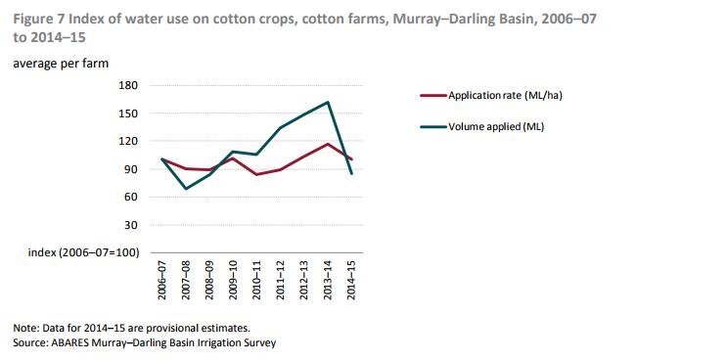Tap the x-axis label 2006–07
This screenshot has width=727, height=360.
point(161,280)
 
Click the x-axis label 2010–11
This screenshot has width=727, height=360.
point(256,280)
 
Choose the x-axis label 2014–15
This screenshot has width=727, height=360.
point(351,280)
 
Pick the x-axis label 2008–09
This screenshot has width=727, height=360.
point(209,280)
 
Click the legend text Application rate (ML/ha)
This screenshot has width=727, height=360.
point(505,95)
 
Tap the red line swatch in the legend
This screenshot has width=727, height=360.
point(432,95)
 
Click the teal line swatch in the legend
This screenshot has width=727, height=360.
point(432,126)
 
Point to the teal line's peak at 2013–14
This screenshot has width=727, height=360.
point(328,102)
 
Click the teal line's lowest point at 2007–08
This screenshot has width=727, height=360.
point(185,189)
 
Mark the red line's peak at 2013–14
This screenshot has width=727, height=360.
point(328,144)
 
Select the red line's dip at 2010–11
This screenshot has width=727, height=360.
point(256,174)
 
